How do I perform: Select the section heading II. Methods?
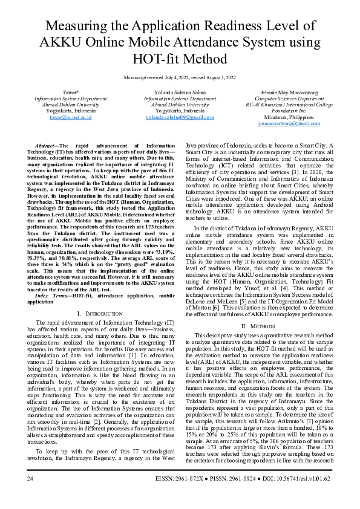(260, 325)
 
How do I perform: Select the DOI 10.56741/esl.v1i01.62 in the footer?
(309, 478)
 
